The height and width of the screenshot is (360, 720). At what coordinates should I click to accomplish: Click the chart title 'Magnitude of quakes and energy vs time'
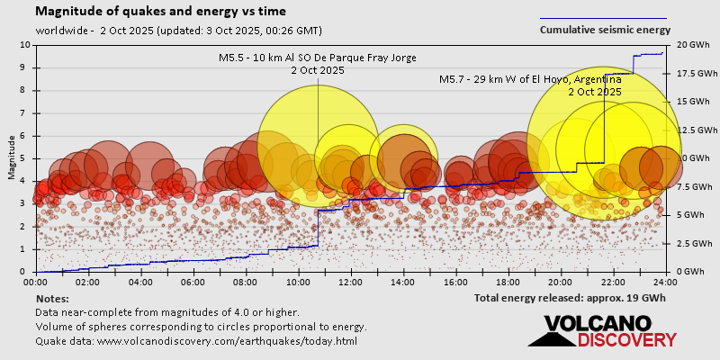click(161, 12)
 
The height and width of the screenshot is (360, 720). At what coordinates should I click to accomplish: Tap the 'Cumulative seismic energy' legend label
click(605, 30)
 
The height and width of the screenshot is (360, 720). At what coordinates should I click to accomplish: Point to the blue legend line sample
click(603, 18)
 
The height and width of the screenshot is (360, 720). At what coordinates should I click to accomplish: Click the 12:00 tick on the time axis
click(351, 281)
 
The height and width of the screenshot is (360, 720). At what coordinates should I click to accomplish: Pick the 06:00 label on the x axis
click(193, 281)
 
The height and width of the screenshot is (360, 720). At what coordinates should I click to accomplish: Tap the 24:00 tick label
click(665, 281)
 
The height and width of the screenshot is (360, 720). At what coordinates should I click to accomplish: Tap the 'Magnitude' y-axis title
click(12, 158)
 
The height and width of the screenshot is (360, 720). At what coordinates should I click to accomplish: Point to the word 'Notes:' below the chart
click(51, 298)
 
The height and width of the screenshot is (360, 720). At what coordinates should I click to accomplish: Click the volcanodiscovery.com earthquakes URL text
click(196, 341)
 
